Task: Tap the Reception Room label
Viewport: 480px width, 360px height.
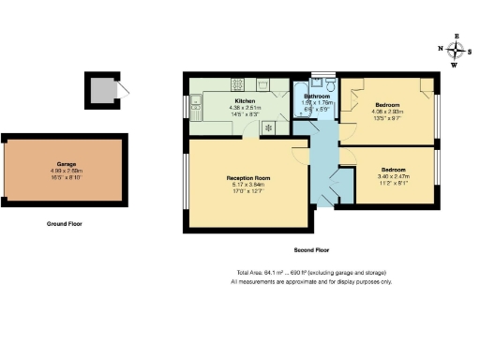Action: click(x=248, y=177)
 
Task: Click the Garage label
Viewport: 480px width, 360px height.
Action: click(x=66, y=164)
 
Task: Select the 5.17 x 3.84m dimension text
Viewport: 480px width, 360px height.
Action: click(x=248, y=185)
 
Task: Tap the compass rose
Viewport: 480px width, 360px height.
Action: click(x=457, y=51)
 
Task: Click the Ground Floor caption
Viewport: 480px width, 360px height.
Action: click(x=66, y=225)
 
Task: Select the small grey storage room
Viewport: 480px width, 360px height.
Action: click(x=100, y=90)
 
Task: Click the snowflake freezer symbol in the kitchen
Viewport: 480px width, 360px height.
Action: click(x=269, y=127)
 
